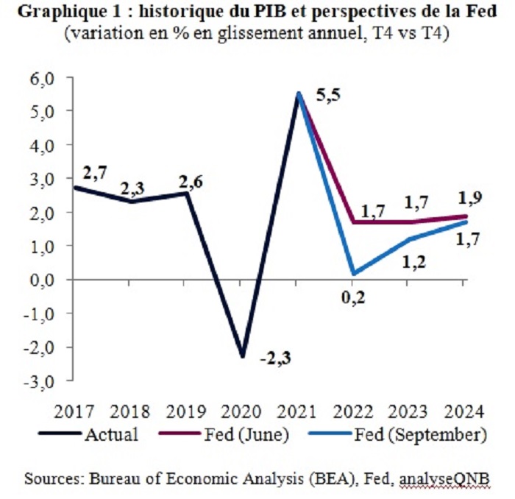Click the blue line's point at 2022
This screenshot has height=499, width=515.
[354, 274]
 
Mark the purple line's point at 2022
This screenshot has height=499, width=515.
[354, 222]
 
